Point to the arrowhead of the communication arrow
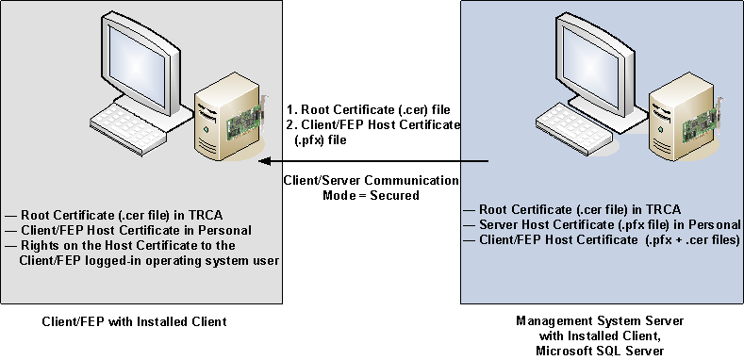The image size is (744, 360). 264,163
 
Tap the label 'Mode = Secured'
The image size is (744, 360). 372,195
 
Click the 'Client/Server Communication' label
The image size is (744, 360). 372,180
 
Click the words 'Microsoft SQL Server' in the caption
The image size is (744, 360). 602,351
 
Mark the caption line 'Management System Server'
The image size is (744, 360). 602,321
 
